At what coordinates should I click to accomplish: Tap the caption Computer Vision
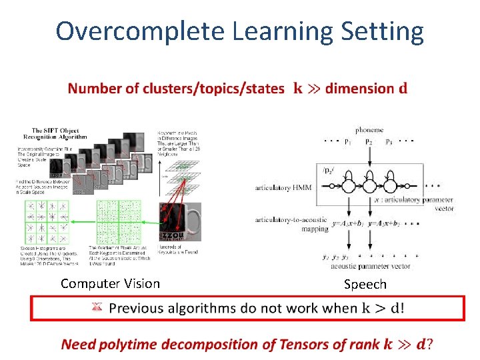point(110,283)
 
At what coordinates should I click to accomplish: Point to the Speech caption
point(365,284)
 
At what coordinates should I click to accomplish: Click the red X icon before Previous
point(97,307)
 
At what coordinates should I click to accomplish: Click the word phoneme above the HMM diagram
point(369,130)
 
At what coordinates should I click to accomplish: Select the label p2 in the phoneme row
point(369,141)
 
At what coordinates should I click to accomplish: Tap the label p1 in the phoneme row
point(347,141)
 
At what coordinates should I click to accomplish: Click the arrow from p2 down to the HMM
point(369,159)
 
